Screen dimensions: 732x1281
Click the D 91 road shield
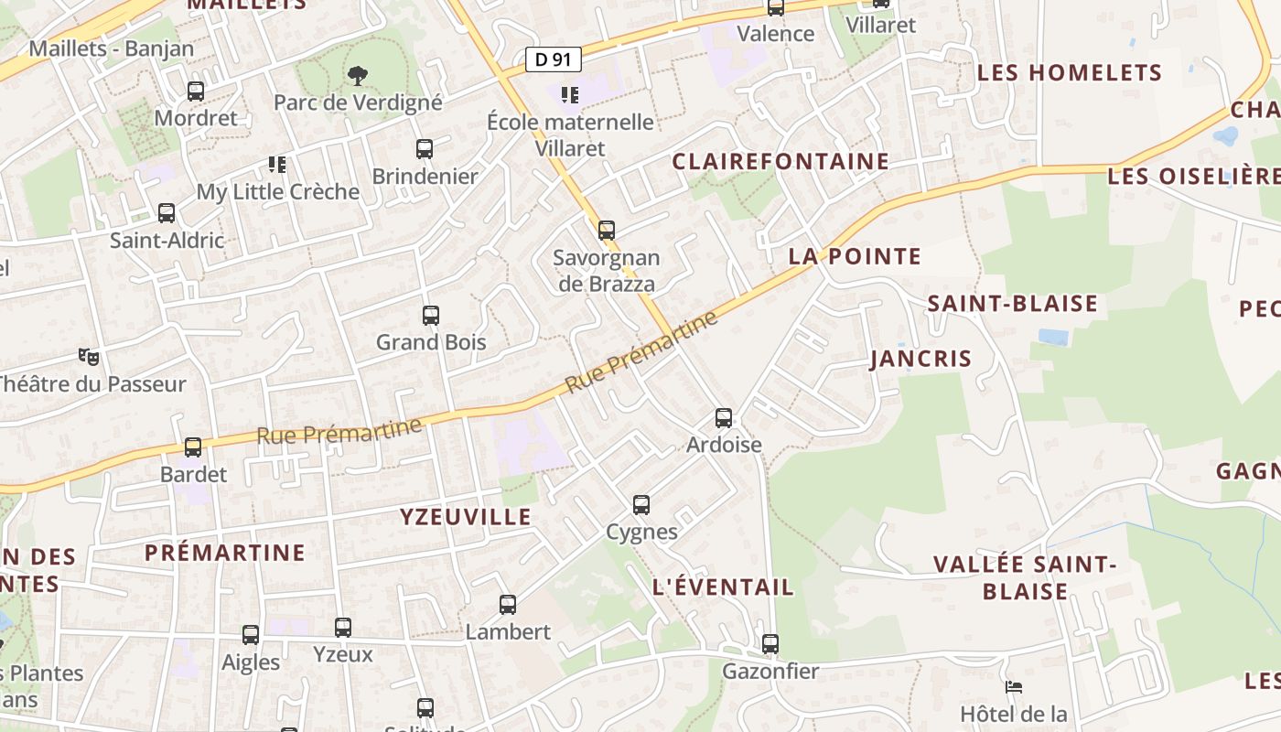pyautogui.click(x=554, y=59)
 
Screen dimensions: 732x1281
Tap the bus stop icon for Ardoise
pyautogui.click(x=724, y=418)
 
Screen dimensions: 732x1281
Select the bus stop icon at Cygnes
pyautogui.click(x=641, y=504)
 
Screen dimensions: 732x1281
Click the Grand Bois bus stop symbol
pyautogui.click(x=431, y=316)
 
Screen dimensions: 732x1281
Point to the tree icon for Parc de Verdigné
pyautogui.click(x=358, y=75)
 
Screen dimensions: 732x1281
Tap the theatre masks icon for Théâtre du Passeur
pyautogui.click(x=88, y=356)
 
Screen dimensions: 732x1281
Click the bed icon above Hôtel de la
pyautogui.click(x=1013, y=686)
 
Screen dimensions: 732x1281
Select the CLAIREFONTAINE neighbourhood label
pyautogui.click(x=780, y=162)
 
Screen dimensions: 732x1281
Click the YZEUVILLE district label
pyautogui.click(x=466, y=517)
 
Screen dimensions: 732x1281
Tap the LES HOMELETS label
pyautogui.click(x=1070, y=73)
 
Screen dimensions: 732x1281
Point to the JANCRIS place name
pyautogui.click(x=920, y=359)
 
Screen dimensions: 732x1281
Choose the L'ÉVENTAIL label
pyautogui.click(x=723, y=587)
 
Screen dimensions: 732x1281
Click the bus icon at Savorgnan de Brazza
pyautogui.click(x=607, y=230)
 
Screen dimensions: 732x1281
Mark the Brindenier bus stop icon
pyautogui.click(x=425, y=148)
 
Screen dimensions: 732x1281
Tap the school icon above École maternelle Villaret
pyautogui.click(x=570, y=94)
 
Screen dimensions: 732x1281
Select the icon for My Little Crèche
pyautogui.click(x=277, y=165)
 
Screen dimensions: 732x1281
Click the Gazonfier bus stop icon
pyautogui.click(x=770, y=644)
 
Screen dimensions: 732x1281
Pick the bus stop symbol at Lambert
pyautogui.click(x=508, y=605)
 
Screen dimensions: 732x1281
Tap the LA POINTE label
pyautogui.click(x=855, y=256)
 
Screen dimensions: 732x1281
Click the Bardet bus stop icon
pyautogui.click(x=193, y=447)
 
